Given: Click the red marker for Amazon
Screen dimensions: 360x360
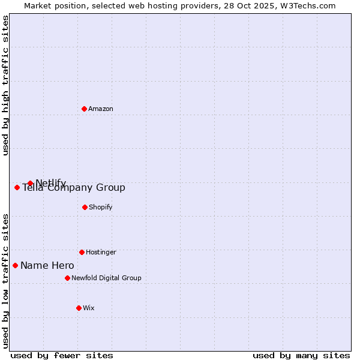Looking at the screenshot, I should point(85,109).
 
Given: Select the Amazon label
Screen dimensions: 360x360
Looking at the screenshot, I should point(101,109).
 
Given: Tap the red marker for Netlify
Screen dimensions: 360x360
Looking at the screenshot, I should point(30,183).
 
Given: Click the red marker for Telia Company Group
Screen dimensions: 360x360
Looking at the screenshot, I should point(17,187).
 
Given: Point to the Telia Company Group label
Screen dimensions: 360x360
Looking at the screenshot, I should point(74,188).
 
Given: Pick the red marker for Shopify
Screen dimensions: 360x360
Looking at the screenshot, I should point(85,207).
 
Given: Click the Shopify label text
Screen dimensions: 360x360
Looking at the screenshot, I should point(100,207).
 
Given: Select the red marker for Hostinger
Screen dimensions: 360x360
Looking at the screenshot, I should point(82,252).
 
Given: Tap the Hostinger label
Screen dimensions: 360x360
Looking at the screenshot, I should point(101,252).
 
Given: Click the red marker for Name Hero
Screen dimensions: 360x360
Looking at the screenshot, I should point(15,265).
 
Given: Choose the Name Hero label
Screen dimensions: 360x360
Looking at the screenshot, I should point(47,265).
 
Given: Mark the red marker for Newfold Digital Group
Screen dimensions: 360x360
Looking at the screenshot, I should point(67,278).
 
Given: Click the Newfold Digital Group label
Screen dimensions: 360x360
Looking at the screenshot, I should point(106,278).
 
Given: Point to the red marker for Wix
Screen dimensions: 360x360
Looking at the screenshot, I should point(79,308).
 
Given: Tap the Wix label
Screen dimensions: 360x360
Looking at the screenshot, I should point(89,308).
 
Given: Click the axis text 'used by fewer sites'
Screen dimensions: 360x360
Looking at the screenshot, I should point(62,355).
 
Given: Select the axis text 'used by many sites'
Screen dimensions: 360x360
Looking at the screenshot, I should point(301,355).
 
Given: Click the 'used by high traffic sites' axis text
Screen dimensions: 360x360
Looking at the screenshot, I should point(6,85).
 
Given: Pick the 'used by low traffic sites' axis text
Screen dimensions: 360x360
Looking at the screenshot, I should point(6,281).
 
